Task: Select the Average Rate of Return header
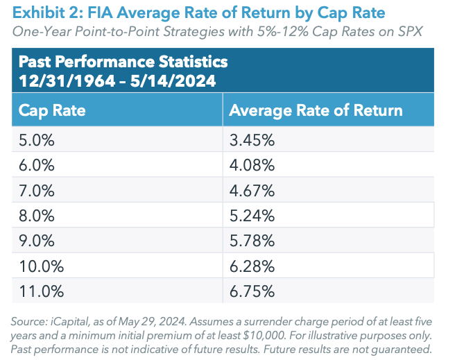pos(316,110)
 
